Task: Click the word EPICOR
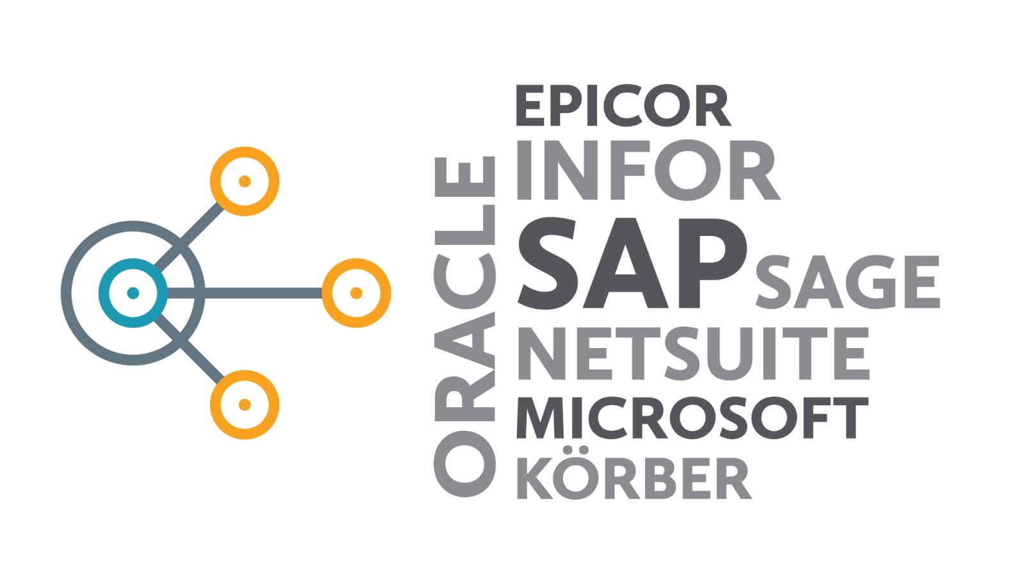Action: pos(623,105)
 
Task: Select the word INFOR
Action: pos(648,170)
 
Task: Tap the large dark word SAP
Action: pos(632,263)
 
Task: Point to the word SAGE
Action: pos(848,281)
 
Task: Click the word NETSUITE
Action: pos(693,353)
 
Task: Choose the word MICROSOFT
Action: pos(693,418)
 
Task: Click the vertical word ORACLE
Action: pos(464,326)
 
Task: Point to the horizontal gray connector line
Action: pos(245,293)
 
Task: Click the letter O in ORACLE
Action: pos(464,464)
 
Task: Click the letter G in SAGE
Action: pos(863,281)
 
